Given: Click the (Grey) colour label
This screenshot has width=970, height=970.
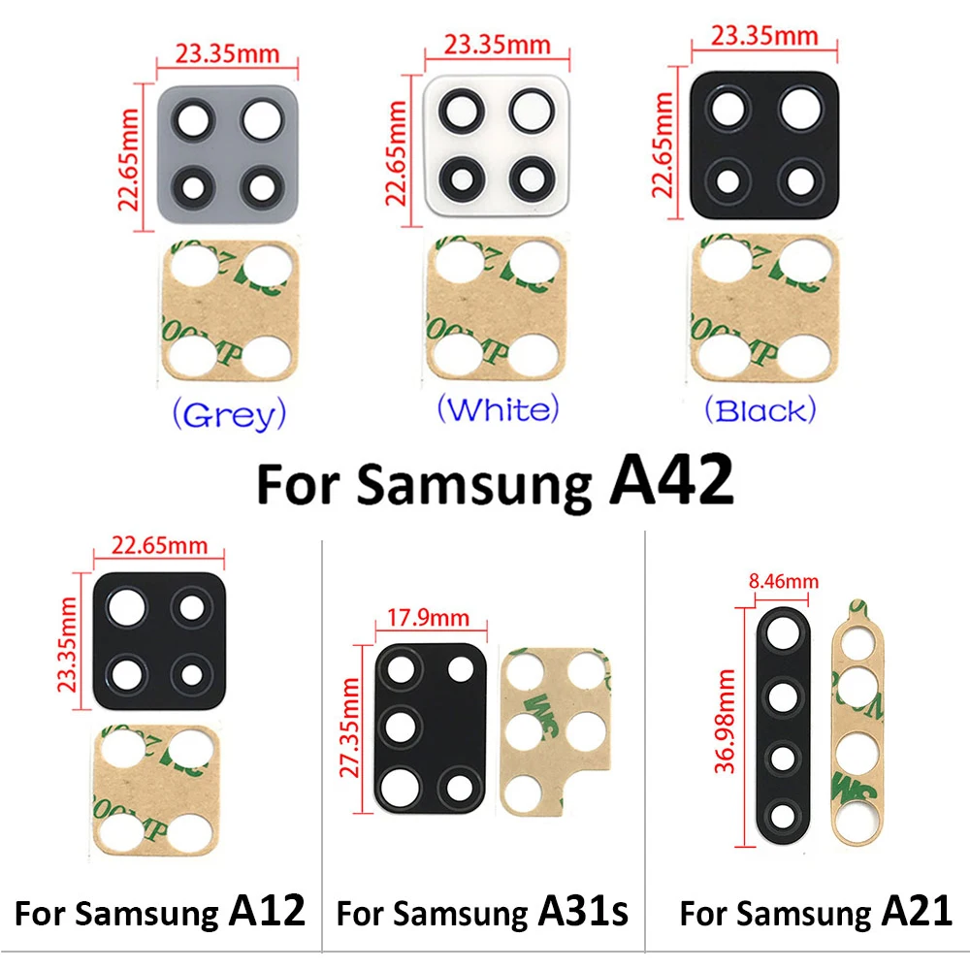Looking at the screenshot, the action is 228,415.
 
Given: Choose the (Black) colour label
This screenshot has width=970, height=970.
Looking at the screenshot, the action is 760,410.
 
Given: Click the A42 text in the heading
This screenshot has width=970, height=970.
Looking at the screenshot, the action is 670,482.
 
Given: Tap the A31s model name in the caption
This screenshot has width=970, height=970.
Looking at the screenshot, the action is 582,912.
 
